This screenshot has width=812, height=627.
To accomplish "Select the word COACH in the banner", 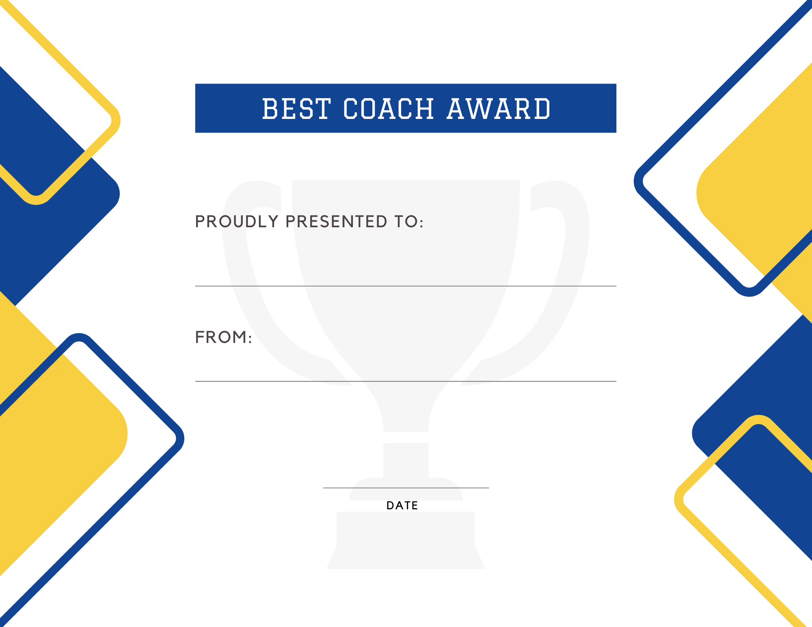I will [x=389, y=109].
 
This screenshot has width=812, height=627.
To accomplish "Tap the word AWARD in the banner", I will [x=499, y=109].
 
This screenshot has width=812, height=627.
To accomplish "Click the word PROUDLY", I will [x=237, y=222].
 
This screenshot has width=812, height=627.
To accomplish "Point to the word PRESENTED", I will [x=337, y=222].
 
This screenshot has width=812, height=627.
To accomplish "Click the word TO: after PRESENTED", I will [x=409, y=222].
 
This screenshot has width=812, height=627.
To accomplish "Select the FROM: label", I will [x=224, y=337].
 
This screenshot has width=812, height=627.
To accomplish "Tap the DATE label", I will [x=402, y=505].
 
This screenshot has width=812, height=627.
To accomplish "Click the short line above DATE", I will [x=406, y=488].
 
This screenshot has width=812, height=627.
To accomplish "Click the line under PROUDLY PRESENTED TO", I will [x=406, y=286].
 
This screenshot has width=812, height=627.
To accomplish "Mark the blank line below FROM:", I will [x=406, y=381].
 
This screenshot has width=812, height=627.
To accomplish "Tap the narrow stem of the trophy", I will [x=406, y=461].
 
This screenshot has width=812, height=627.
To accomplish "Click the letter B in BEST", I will [x=270, y=109].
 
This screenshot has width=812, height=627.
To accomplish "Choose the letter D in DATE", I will [x=390, y=505].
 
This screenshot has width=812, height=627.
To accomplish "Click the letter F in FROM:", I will [x=200, y=337].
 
